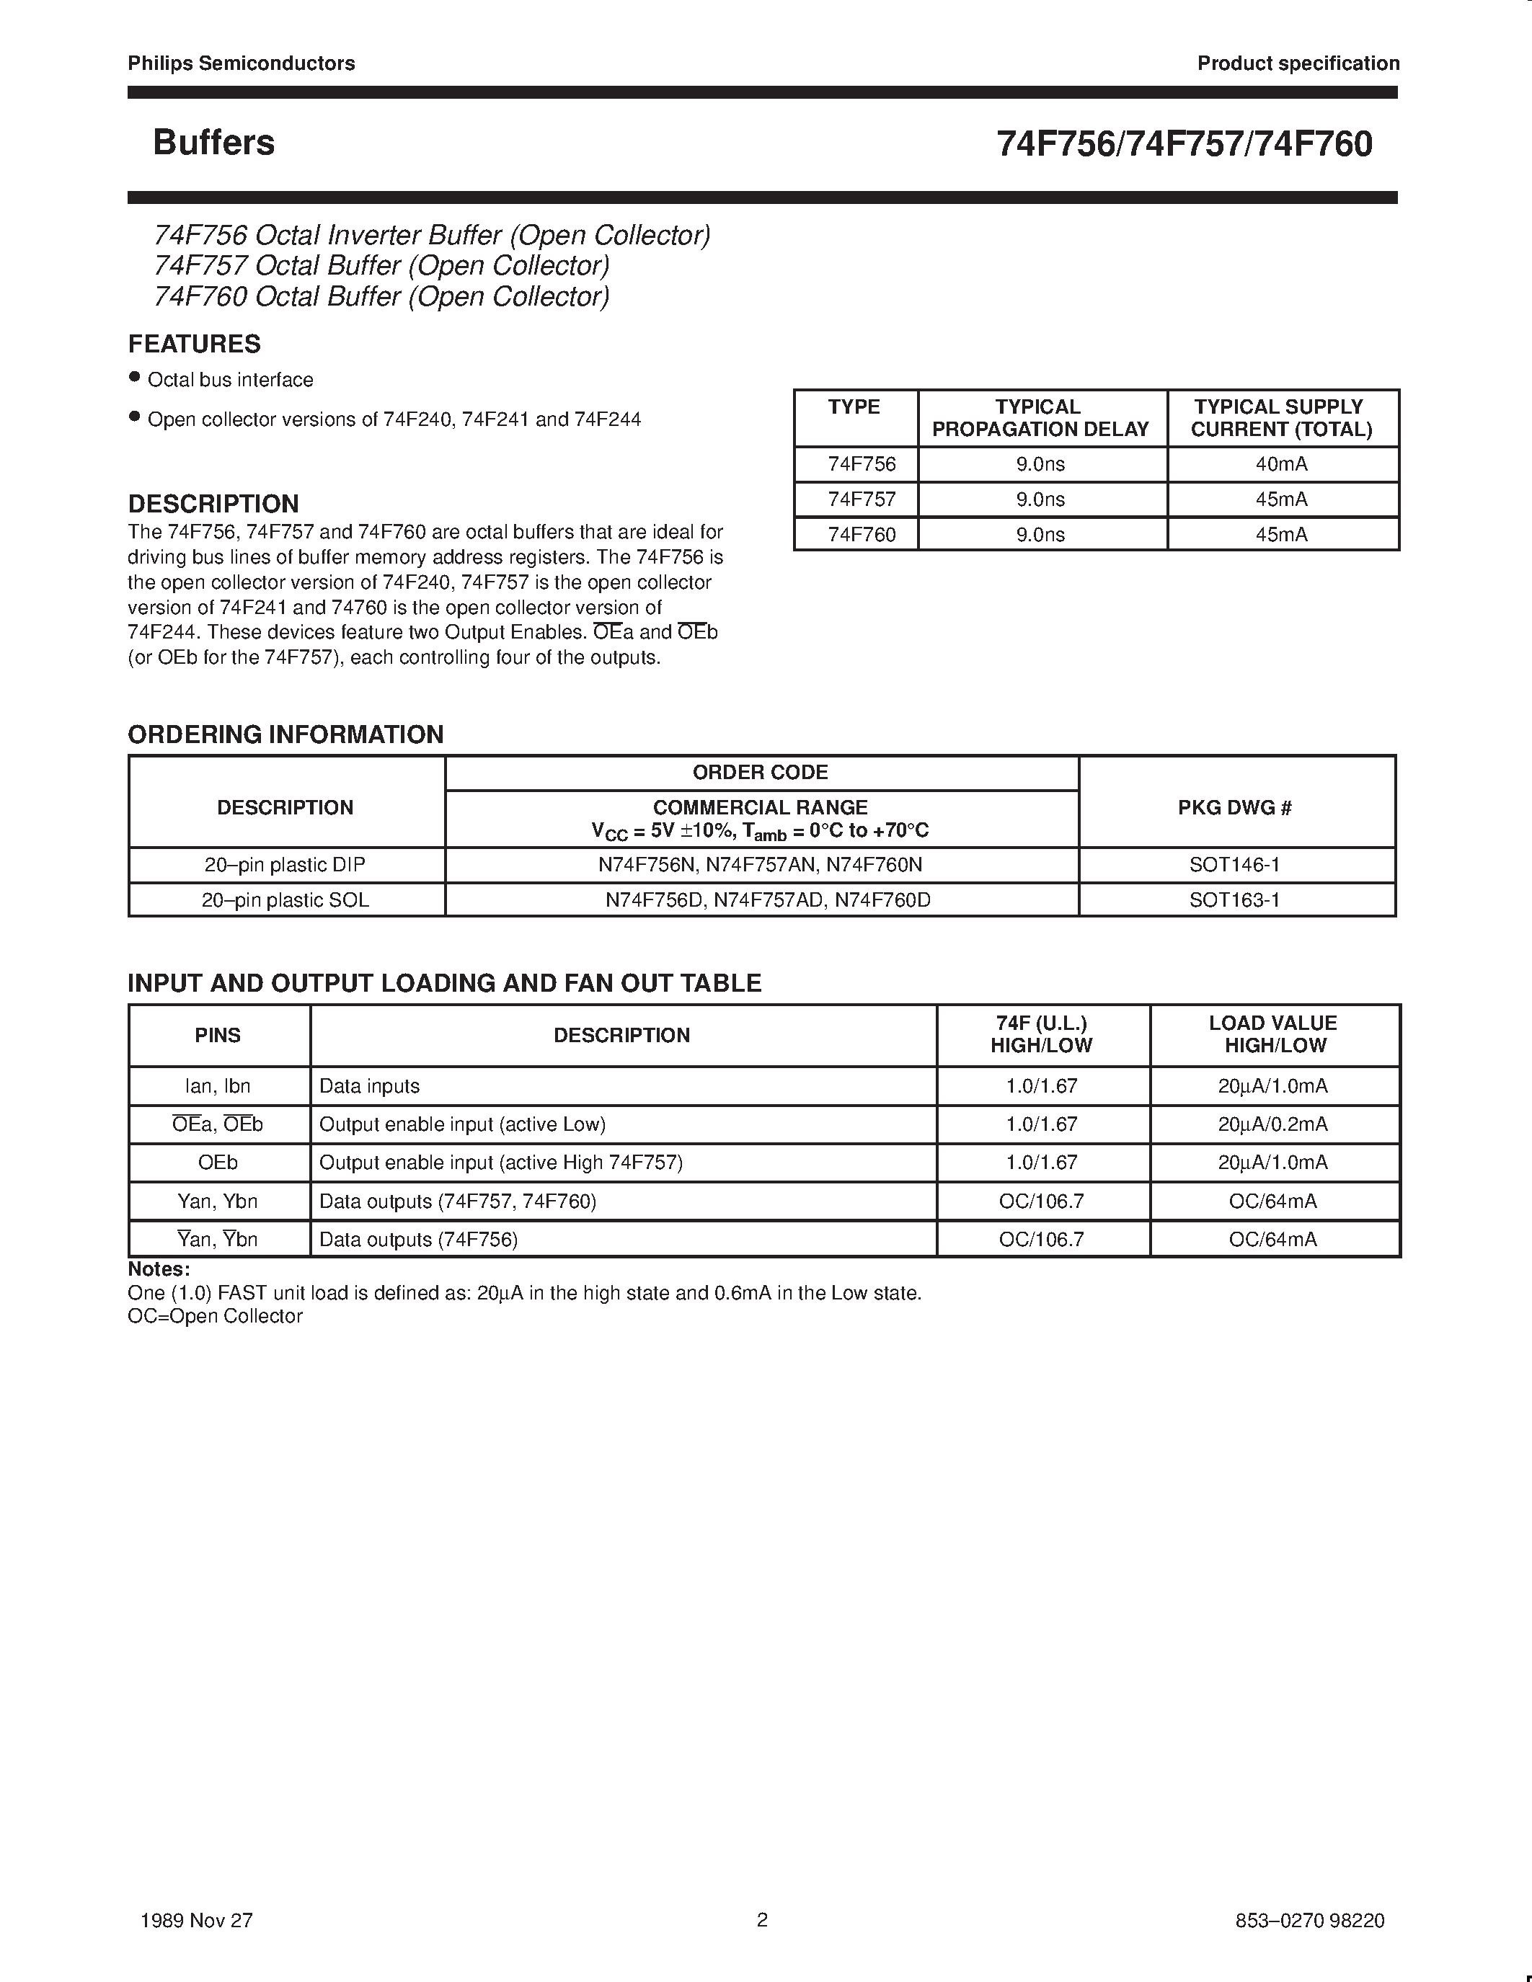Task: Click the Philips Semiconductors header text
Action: (242, 63)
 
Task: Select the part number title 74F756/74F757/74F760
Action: (1184, 144)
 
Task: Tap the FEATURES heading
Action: (194, 344)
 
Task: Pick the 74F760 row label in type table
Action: (862, 535)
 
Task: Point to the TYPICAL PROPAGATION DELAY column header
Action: (1040, 418)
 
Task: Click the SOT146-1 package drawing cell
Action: (1234, 865)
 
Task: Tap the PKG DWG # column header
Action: (1234, 808)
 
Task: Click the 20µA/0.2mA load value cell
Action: (1272, 1124)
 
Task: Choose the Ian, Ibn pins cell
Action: (218, 1086)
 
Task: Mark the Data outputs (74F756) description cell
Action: (418, 1240)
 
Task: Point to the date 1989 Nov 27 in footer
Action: (197, 1920)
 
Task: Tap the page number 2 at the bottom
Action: (762, 1919)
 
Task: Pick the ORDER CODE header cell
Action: (761, 773)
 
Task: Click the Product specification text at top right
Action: (1298, 63)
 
